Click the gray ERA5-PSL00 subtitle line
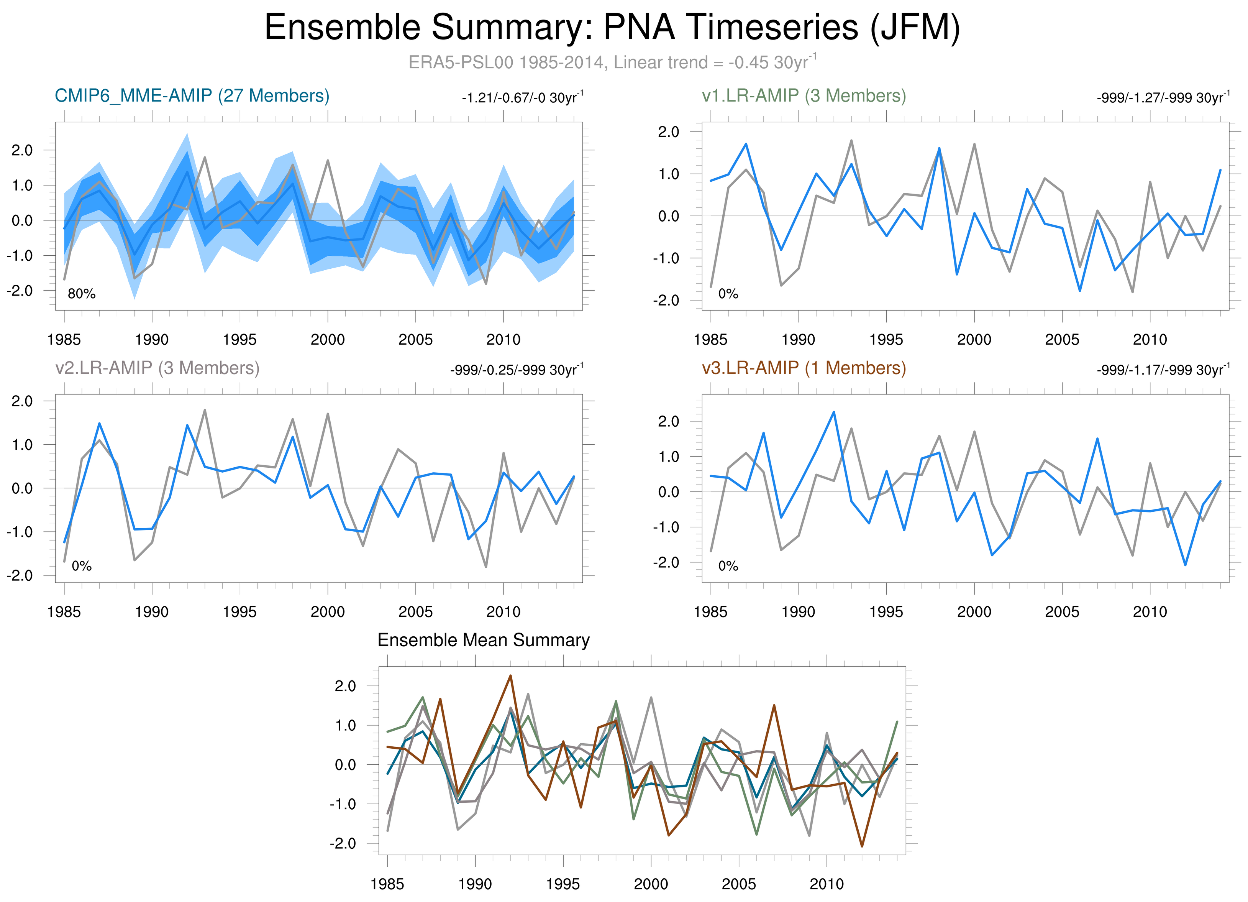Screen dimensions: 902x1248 (612, 62)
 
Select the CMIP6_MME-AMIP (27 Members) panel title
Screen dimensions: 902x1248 (192, 96)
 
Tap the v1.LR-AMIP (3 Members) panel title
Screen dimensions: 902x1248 (804, 96)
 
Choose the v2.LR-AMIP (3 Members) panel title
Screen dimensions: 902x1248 (157, 368)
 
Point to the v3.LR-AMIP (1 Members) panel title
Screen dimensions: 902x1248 (804, 368)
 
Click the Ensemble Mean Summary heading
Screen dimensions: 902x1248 (483, 640)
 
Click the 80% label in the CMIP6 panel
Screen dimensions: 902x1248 (82, 294)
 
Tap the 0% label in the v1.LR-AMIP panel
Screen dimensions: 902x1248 (728, 294)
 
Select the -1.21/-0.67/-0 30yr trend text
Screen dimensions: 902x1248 (522, 98)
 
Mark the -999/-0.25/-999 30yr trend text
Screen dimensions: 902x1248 (517, 370)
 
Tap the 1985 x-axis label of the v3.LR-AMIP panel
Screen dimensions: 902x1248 (710, 611)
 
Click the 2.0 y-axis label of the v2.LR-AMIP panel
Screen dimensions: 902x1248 (22, 401)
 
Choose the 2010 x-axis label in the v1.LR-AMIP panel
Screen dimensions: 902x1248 (1150, 340)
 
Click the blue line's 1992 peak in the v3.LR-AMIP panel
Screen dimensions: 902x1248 (834, 412)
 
